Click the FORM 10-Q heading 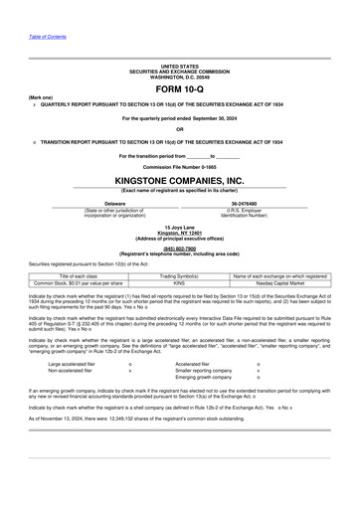[x=179, y=88]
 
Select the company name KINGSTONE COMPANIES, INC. [x=179, y=181]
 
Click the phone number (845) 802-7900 [x=179, y=248]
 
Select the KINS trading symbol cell [x=180, y=283]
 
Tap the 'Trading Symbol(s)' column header [x=180, y=275]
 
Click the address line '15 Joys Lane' [x=179, y=227]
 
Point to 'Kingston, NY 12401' [x=179, y=233]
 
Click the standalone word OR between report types [x=179, y=129]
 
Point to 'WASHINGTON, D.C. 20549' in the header [x=179, y=77]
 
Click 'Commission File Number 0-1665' [x=179, y=166]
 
